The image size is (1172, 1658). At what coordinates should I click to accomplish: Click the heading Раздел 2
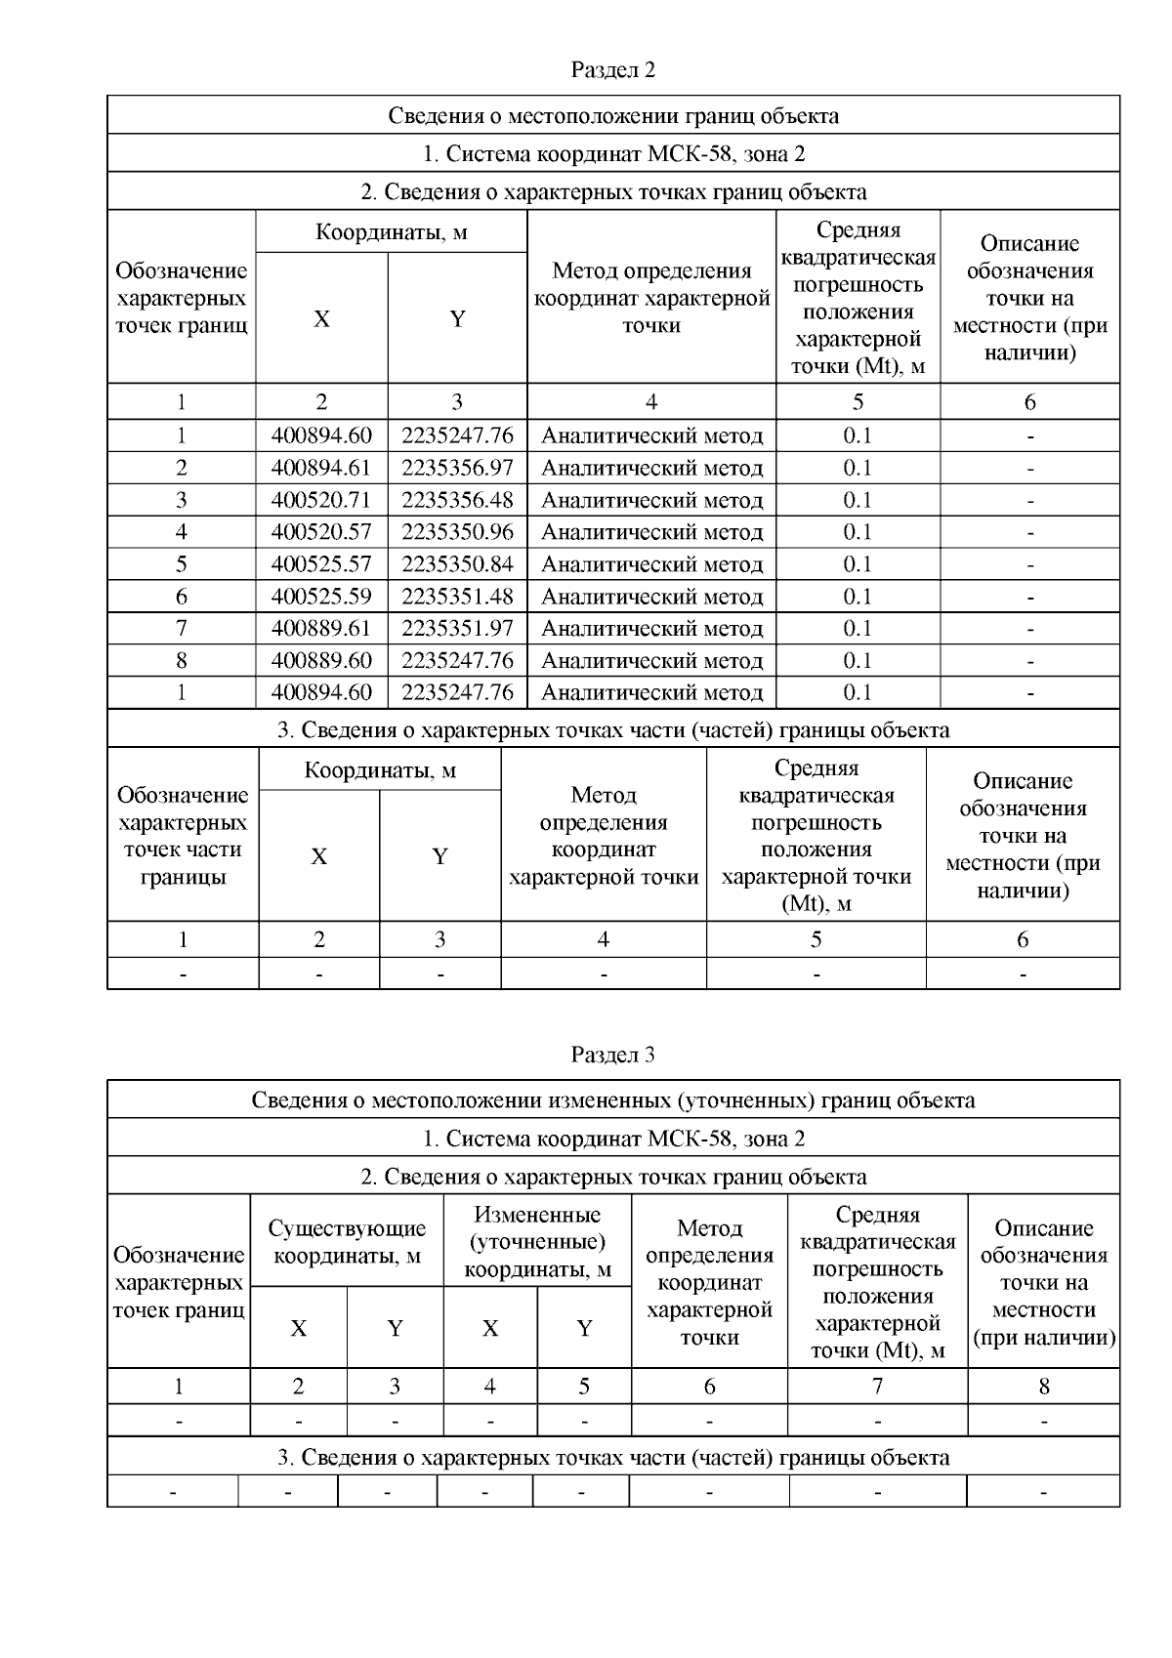tap(612, 70)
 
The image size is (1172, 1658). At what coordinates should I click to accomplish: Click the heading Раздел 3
tap(612, 1055)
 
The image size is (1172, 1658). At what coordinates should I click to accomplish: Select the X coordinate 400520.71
tap(321, 500)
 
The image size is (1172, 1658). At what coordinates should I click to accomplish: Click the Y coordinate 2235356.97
tap(457, 468)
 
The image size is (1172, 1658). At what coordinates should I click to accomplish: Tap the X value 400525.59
tap(321, 597)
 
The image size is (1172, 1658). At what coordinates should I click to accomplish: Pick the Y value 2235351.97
tap(457, 629)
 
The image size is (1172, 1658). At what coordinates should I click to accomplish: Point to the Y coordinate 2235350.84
tap(457, 564)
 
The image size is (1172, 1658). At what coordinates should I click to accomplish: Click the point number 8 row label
tap(182, 661)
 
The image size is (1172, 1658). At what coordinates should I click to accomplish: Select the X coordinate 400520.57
tap(321, 532)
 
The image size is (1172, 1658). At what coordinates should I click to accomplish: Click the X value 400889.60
tap(321, 661)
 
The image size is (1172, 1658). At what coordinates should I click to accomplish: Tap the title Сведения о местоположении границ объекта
tap(612, 116)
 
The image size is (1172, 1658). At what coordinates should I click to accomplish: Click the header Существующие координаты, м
tap(347, 1242)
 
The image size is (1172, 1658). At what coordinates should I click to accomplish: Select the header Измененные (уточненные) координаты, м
tap(537, 1242)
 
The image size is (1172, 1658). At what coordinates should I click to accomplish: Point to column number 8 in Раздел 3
tap(1044, 1386)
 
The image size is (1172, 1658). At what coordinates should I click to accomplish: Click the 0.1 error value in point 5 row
tap(858, 564)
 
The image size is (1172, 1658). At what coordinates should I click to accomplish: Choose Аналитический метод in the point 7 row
tap(651, 629)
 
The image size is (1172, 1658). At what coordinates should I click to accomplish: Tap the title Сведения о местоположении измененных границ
tap(612, 1100)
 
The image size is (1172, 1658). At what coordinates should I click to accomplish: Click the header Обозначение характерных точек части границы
tap(183, 836)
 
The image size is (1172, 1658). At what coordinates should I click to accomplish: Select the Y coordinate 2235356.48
tap(457, 500)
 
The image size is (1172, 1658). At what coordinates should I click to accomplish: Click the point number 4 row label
tap(182, 532)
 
